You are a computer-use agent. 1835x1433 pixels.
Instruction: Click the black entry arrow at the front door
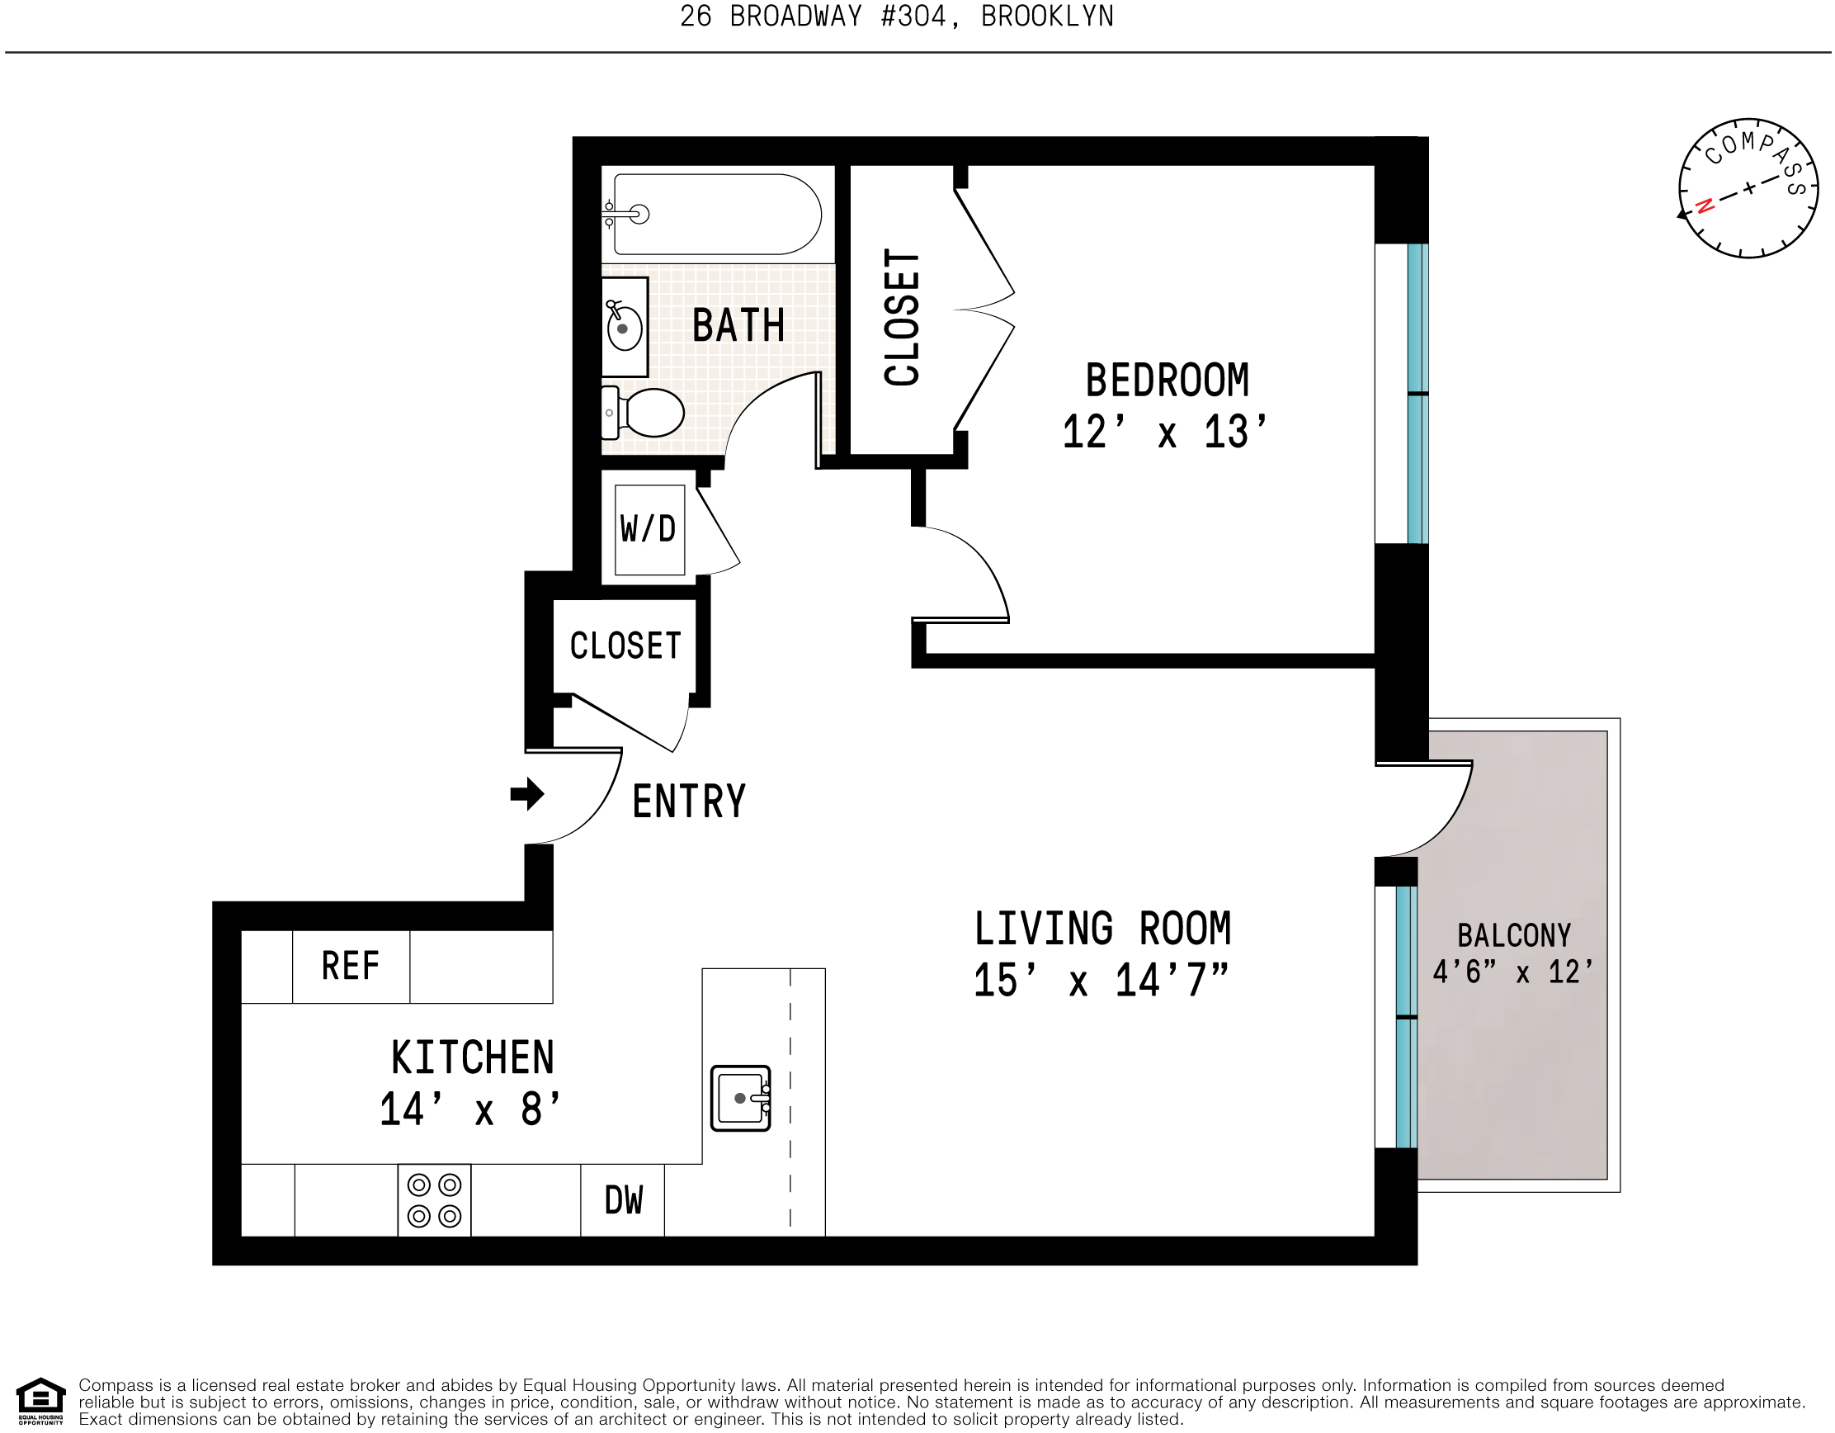[526, 794]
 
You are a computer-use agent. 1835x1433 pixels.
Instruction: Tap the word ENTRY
[689, 801]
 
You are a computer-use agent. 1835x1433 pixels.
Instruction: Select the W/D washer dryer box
[649, 529]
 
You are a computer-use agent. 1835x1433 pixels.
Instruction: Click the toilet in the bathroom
[648, 413]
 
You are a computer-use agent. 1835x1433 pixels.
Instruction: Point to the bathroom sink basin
[625, 328]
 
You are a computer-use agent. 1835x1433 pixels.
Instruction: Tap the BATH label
[738, 325]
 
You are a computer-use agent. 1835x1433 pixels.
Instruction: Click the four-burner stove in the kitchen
[434, 1200]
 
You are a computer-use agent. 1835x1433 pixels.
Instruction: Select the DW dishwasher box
[624, 1201]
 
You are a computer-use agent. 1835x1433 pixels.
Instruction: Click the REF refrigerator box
[351, 967]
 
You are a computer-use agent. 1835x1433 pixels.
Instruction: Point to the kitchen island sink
[740, 1099]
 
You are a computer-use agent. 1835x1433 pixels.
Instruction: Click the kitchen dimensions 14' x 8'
[470, 1110]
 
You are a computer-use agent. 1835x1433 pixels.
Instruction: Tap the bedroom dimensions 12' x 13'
[1164, 433]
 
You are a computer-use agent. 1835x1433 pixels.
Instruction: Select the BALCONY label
[1513, 935]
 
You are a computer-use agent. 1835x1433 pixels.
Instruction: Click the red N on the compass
[1705, 206]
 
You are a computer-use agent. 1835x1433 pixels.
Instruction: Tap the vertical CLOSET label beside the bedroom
[903, 318]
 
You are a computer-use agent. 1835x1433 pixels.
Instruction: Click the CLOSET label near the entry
[625, 646]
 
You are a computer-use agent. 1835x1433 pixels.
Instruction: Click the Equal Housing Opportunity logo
[40, 1401]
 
